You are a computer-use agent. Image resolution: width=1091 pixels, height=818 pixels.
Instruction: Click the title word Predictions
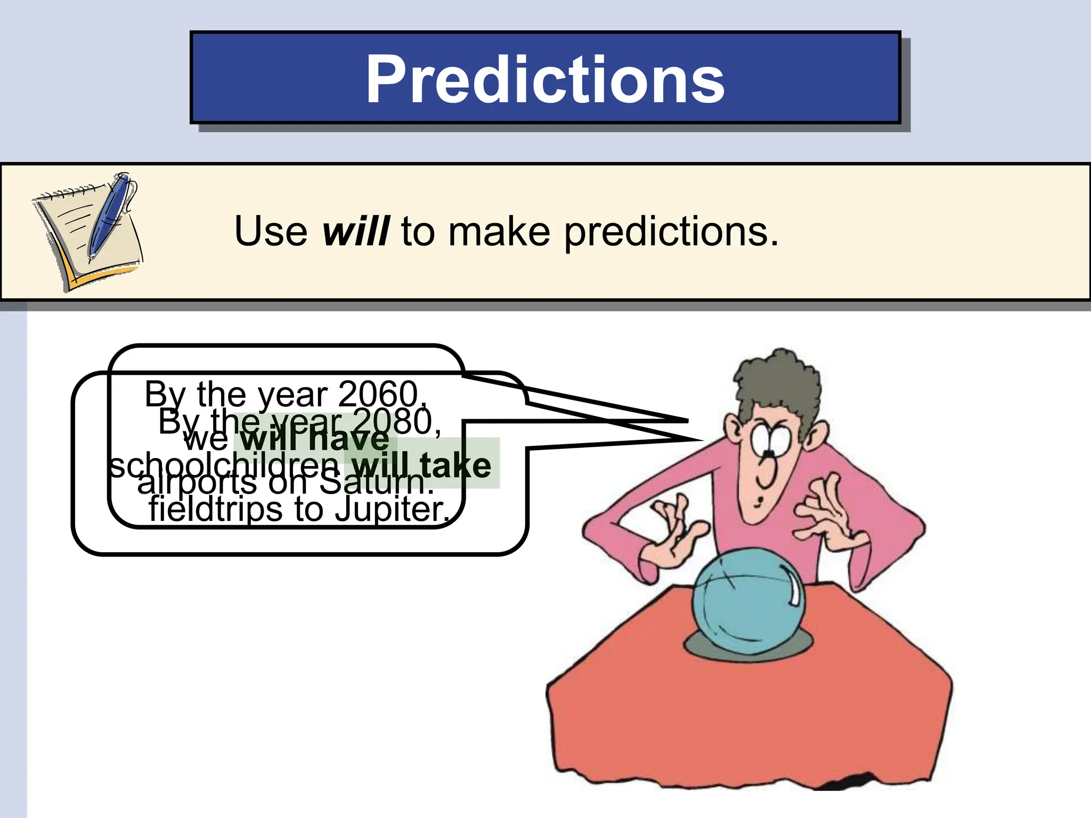coord(544,80)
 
